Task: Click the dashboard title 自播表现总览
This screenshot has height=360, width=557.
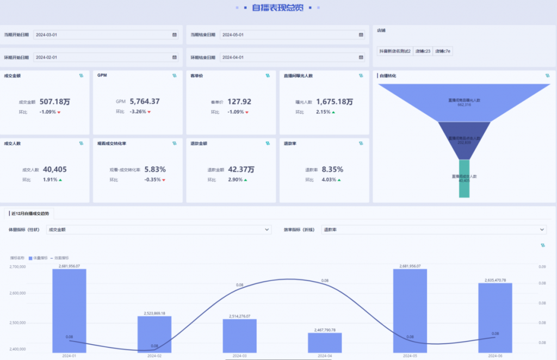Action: pos(278,8)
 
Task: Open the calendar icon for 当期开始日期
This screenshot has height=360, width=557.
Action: pos(175,35)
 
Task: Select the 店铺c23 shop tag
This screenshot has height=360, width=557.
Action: pos(423,51)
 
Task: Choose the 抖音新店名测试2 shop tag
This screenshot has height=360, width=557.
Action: pos(395,51)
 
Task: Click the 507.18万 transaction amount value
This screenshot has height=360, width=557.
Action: pos(54,102)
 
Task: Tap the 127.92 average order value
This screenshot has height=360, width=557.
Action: pos(239,102)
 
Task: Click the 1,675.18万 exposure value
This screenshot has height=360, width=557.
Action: pos(334,102)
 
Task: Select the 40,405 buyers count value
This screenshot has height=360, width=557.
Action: pos(54,170)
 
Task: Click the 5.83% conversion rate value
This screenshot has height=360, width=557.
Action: pos(155,170)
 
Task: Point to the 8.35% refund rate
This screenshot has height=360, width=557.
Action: pos(332,170)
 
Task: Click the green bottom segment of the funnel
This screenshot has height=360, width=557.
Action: pos(464,178)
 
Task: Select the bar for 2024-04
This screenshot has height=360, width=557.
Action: pos(325,343)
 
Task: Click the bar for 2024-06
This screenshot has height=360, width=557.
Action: pos(495,318)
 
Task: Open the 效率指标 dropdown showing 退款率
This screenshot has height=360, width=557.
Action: pos(433,230)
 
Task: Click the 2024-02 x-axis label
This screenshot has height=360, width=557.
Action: pos(154,356)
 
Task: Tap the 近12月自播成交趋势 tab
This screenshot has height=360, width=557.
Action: pos(31,214)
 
